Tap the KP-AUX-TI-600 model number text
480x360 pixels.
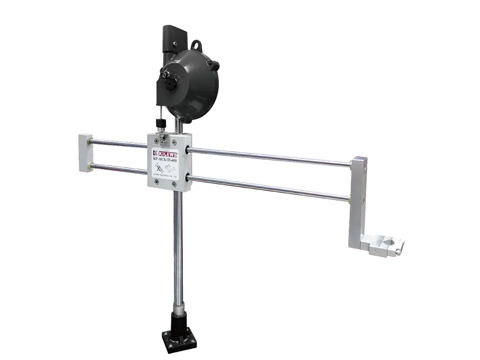168,159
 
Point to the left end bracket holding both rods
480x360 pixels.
85,154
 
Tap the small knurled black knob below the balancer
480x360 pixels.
159,123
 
